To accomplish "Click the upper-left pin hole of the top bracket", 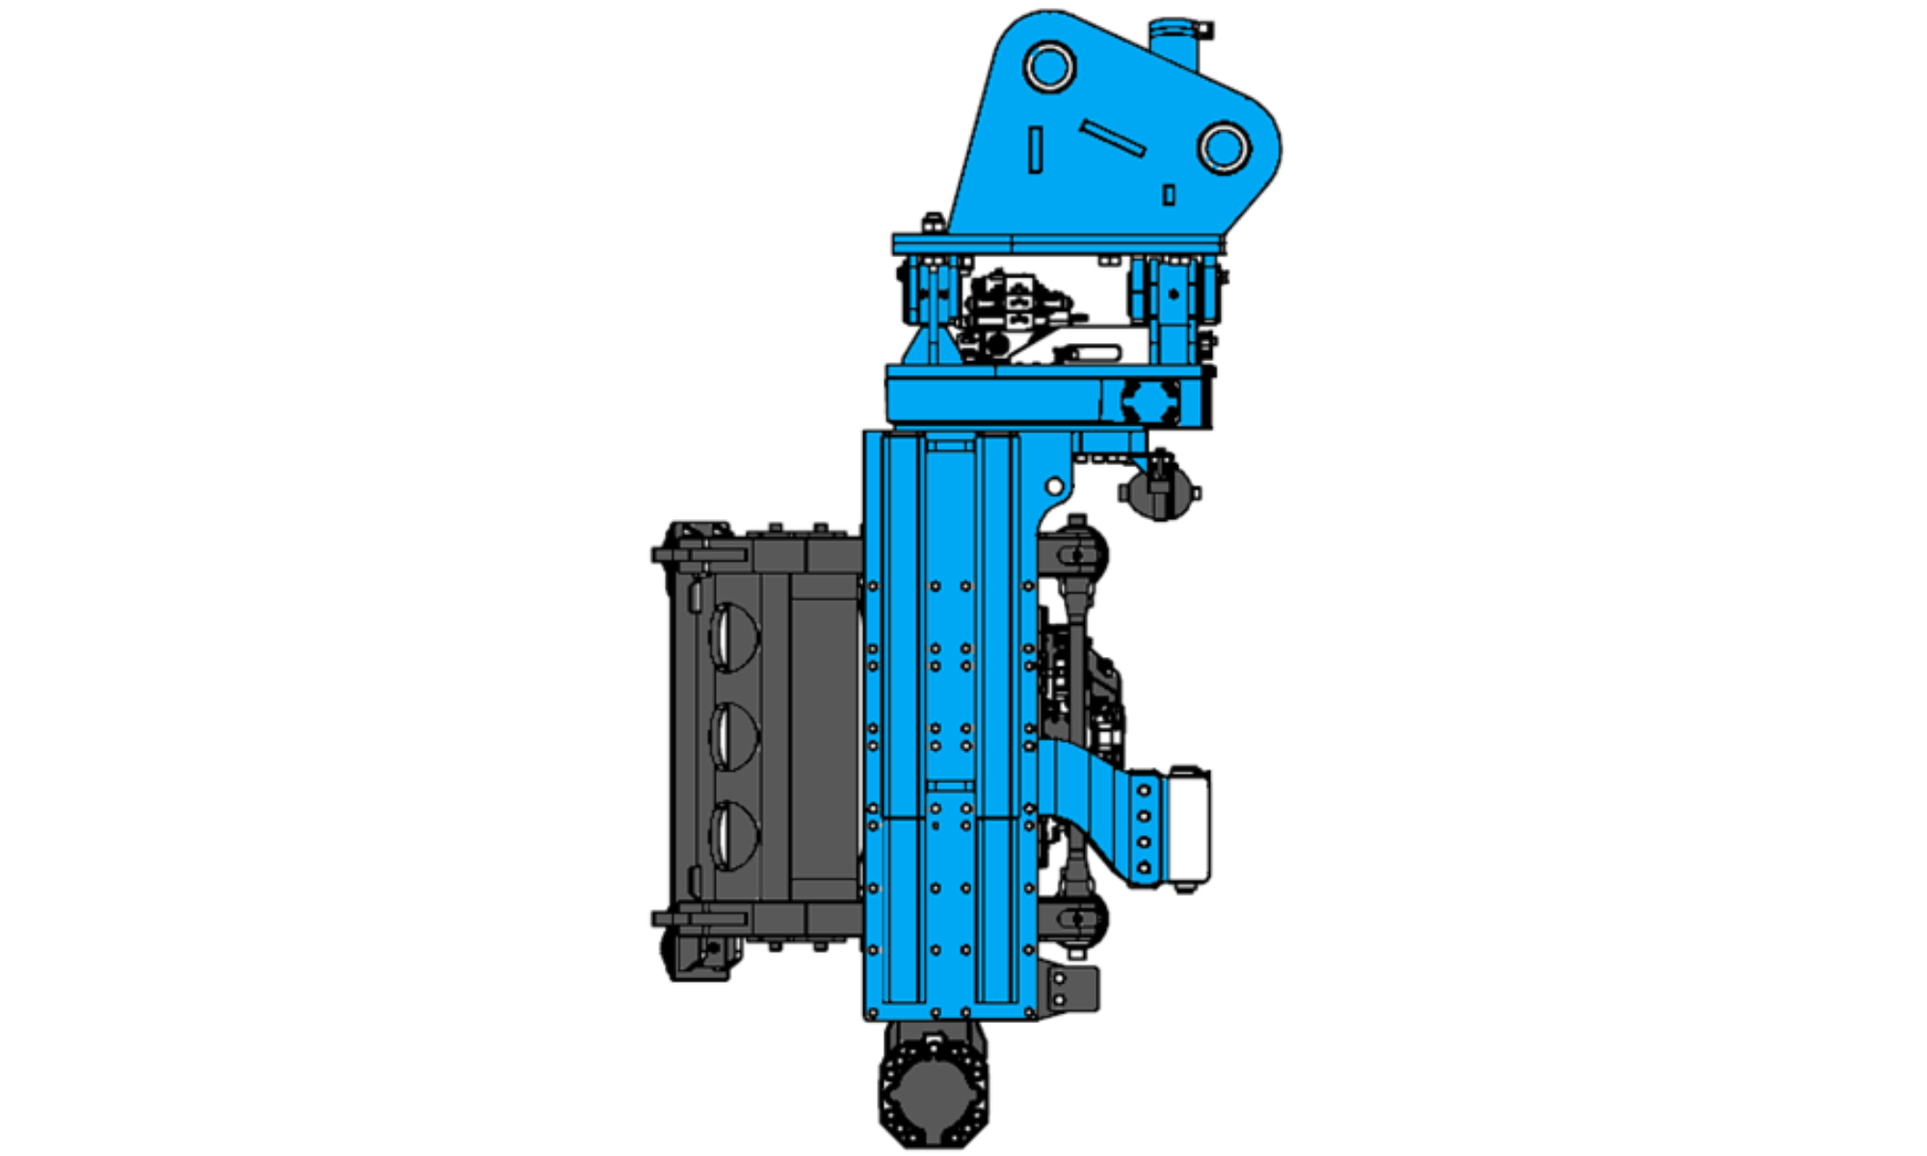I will (x=1049, y=67).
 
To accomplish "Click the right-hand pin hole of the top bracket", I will (x=1224, y=148).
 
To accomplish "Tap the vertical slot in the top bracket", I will (x=1036, y=150).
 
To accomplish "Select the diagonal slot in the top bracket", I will (x=1113, y=138).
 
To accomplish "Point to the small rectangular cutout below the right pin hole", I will (x=1169, y=195).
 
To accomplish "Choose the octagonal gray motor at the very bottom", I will (x=933, y=1089).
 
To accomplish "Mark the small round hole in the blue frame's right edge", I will (x=1054, y=486).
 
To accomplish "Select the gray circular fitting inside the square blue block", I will (x=1151, y=401).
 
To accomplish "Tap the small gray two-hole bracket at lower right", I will (x=1072, y=989).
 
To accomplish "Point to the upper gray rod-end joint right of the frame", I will (x=1077, y=553).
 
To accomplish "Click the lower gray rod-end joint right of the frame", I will (x=1077, y=920).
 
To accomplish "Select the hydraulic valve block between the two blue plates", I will (x=1012, y=308).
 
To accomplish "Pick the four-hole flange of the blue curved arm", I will (x=1144, y=828).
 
